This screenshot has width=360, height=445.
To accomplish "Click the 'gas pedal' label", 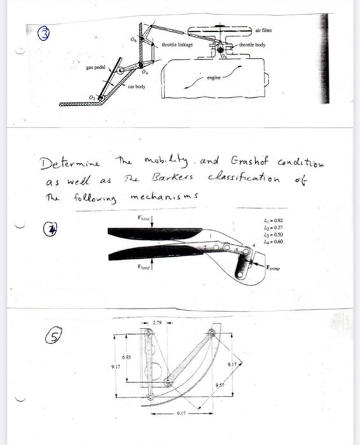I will [x=95, y=66].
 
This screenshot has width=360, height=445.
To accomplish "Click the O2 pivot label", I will [x=93, y=95].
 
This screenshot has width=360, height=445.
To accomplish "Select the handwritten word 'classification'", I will [x=235, y=177].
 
